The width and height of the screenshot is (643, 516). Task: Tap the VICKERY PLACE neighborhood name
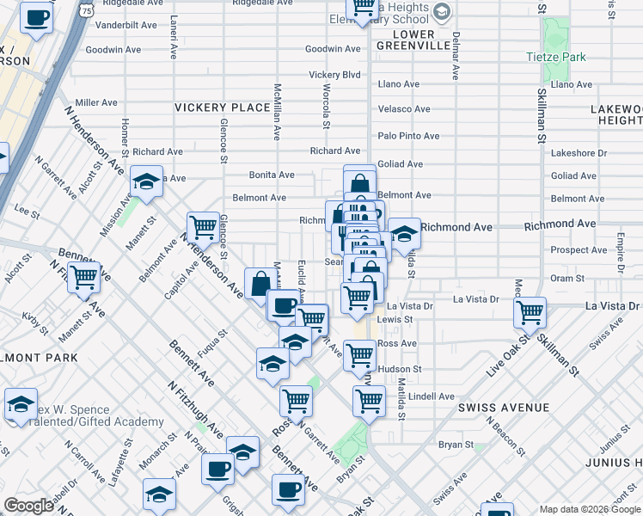pyautogui.click(x=223, y=107)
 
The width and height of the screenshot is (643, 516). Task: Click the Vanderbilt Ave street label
pyautogui.click(x=126, y=25)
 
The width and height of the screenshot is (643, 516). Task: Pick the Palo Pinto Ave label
pyautogui.click(x=409, y=136)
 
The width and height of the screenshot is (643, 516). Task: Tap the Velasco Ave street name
pyautogui.click(x=404, y=109)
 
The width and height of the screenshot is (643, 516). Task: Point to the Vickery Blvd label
pyautogui.click(x=334, y=75)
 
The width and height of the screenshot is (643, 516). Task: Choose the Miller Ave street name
pyautogui.click(x=98, y=101)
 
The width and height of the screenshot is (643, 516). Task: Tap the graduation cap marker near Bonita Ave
pyautogui.click(x=147, y=181)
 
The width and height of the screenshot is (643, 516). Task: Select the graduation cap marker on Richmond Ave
pyautogui.click(x=404, y=231)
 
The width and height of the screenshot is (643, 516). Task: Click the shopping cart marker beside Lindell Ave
pyautogui.click(x=369, y=399)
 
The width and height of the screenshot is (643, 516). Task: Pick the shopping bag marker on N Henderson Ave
pyautogui.click(x=260, y=283)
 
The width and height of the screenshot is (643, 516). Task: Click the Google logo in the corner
pyautogui.click(x=28, y=506)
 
